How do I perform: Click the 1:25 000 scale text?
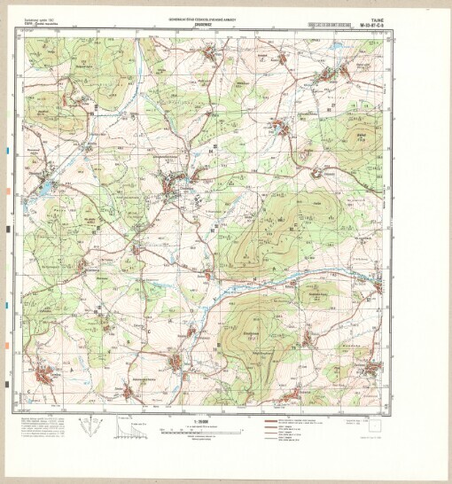(206, 419)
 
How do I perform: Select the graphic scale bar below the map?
(206, 431)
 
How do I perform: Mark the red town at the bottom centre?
(177, 362)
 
